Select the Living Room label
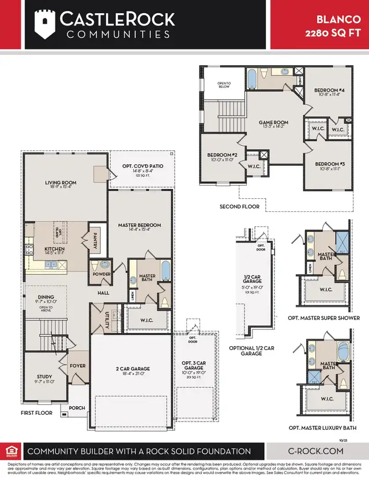(61, 183)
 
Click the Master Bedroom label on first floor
(140, 225)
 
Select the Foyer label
(77, 365)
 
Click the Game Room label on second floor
(273, 123)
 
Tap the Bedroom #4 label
(329, 91)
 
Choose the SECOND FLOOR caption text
(239, 206)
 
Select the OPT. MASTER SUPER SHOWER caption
(323, 318)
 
